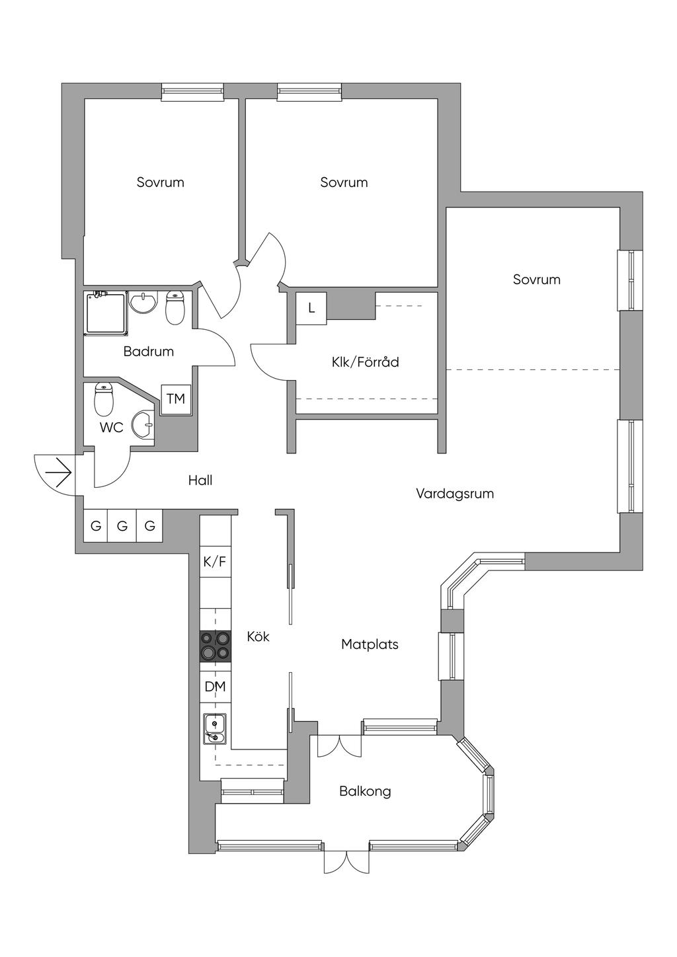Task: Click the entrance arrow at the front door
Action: point(58,473)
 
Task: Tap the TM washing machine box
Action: point(176,399)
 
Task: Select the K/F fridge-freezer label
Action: point(215,561)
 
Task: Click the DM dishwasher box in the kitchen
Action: point(216,687)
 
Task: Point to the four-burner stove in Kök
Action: point(216,646)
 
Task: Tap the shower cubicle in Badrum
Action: point(106,313)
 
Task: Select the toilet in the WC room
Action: point(104,399)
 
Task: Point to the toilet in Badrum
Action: point(175,307)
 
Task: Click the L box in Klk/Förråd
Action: point(311,309)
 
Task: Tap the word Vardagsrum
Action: point(455,494)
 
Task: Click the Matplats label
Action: point(370,644)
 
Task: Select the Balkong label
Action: point(365,792)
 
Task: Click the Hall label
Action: point(200,480)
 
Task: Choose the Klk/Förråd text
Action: point(365,362)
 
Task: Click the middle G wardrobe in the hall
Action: point(122,526)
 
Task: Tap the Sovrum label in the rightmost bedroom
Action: point(536,280)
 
